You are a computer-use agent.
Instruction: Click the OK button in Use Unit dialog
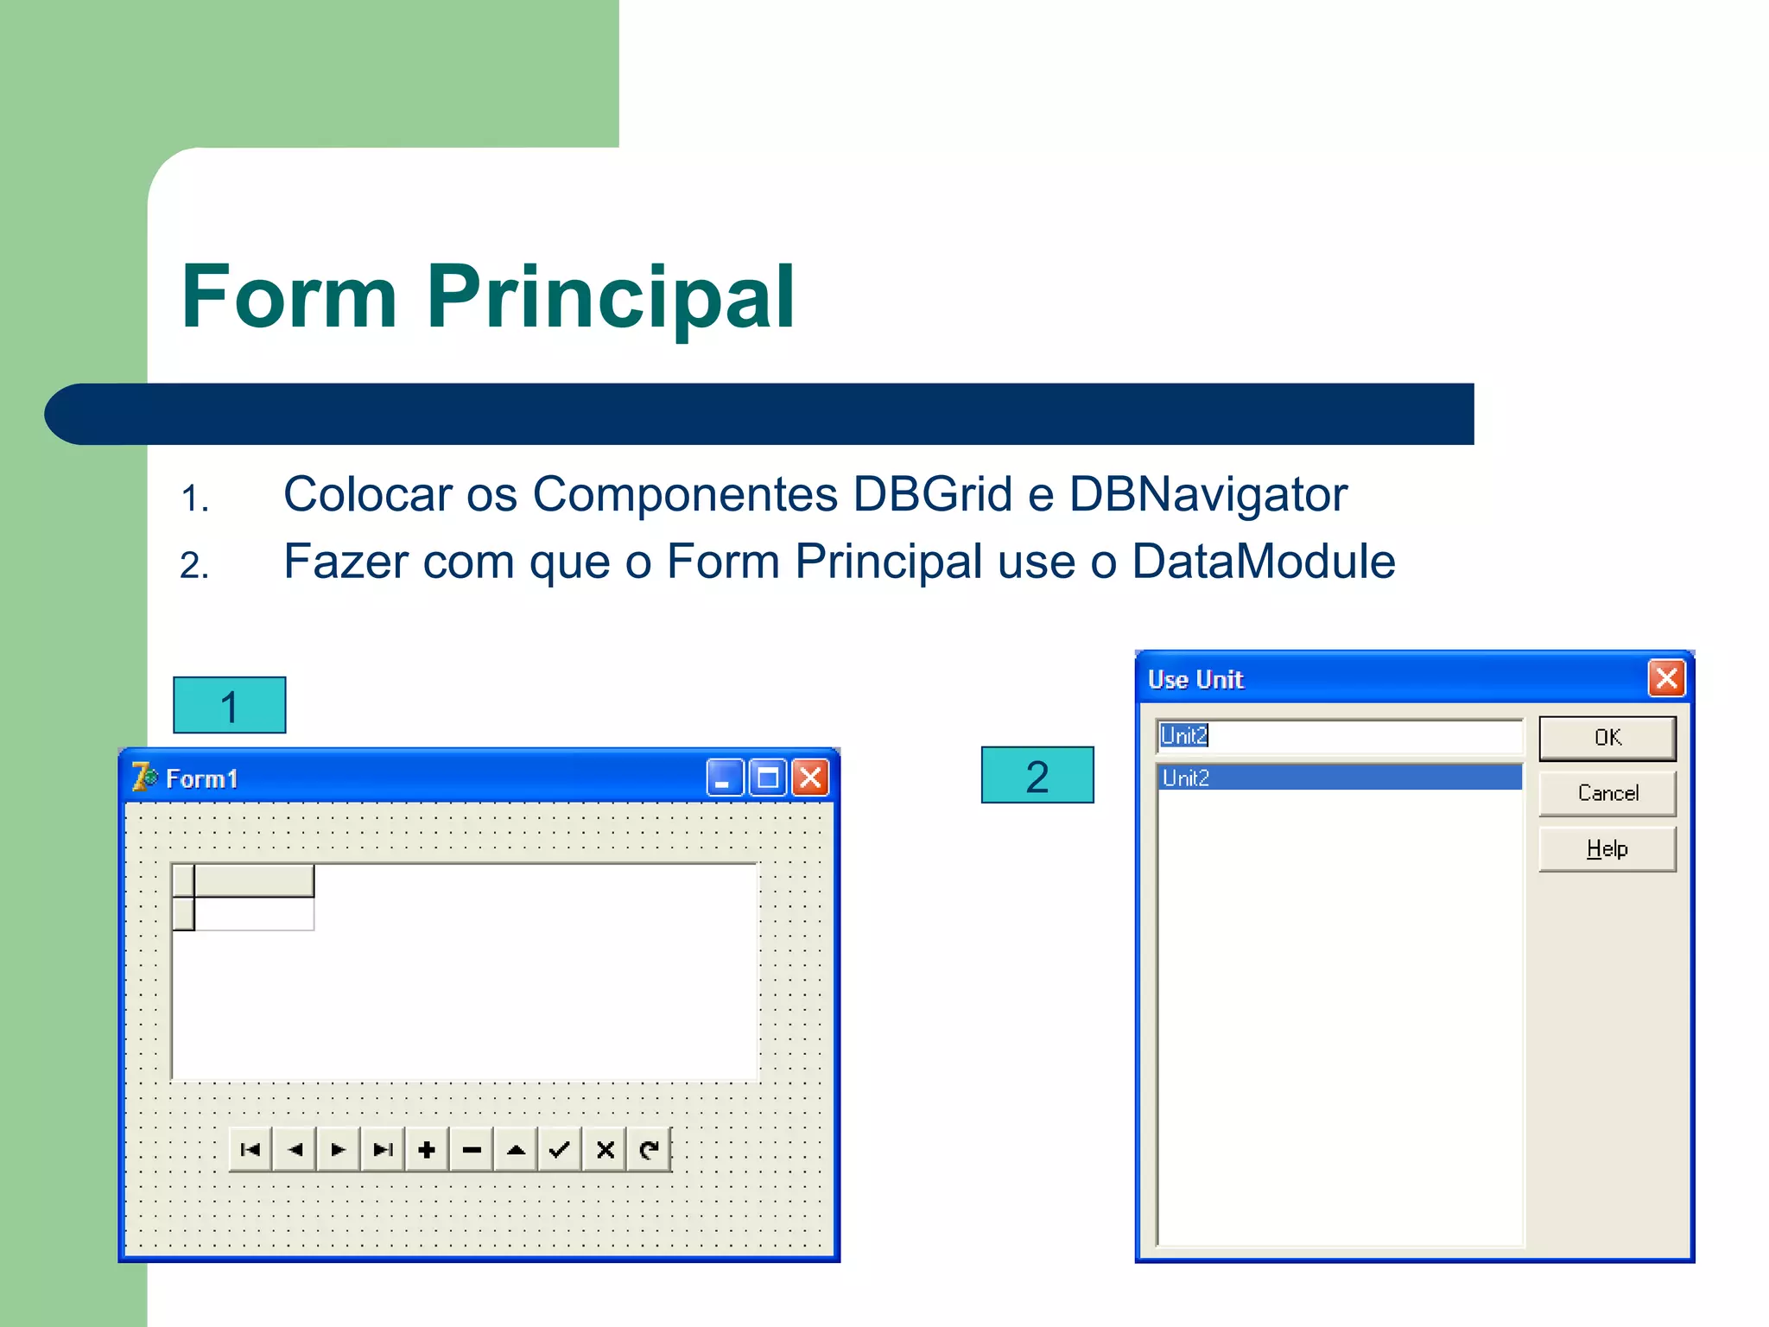point(1607,738)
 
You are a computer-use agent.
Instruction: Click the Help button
point(1607,849)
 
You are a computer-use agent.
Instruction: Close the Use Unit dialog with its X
point(1666,679)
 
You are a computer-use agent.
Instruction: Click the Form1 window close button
point(810,778)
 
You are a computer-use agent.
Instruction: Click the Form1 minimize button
point(724,778)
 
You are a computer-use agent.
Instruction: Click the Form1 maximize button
point(767,778)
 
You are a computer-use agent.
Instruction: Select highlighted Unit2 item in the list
point(1339,778)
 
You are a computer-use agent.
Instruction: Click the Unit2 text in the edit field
point(1183,736)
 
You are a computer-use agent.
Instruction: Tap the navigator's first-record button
point(250,1150)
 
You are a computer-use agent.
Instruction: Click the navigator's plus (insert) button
point(427,1150)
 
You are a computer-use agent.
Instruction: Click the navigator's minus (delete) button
point(472,1150)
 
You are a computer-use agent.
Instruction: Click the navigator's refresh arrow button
point(649,1150)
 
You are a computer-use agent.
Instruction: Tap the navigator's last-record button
point(383,1150)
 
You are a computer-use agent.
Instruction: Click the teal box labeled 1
point(229,706)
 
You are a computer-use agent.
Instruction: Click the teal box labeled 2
point(1037,776)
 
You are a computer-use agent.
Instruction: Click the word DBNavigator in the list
point(1208,495)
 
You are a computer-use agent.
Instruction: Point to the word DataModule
point(1263,562)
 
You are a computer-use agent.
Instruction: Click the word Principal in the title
point(610,296)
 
